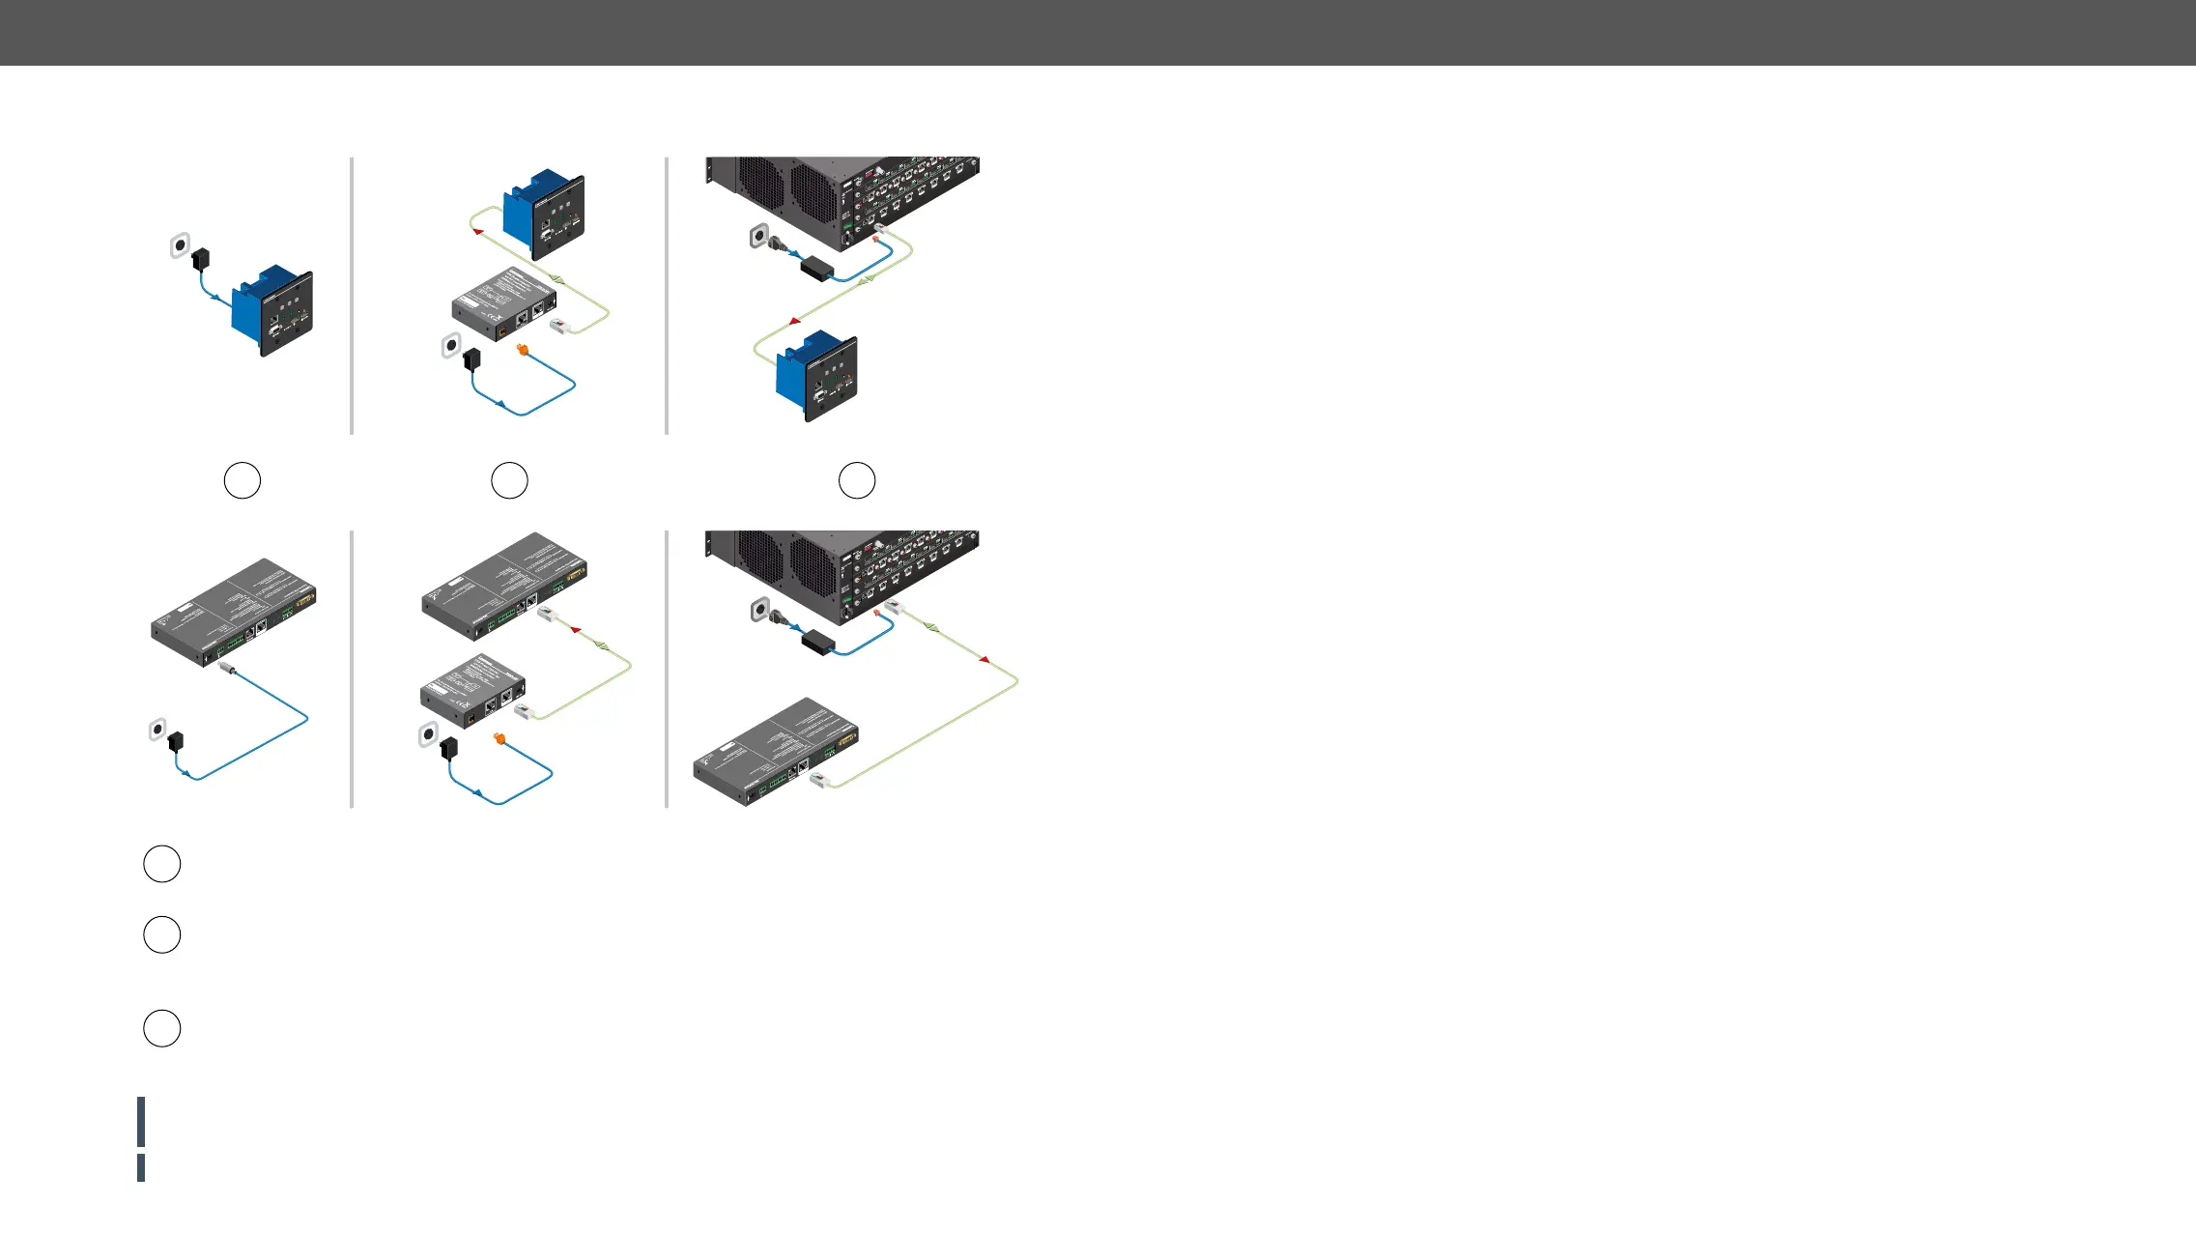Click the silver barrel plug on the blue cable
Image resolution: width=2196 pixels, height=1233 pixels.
(229, 668)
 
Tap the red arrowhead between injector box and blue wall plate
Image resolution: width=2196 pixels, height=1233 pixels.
(477, 232)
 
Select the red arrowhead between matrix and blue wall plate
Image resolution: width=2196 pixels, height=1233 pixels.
(794, 320)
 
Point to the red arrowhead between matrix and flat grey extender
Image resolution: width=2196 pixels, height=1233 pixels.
(984, 659)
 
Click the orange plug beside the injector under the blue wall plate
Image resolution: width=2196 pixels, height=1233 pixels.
(523, 350)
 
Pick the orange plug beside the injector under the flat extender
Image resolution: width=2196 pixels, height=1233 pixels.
(499, 739)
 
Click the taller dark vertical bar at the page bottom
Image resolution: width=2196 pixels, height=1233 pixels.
(141, 1122)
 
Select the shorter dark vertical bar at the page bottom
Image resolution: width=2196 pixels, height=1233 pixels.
(141, 1167)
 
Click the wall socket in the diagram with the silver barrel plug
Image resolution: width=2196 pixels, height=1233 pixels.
(157, 729)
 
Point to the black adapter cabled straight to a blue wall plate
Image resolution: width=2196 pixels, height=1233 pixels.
(201, 259)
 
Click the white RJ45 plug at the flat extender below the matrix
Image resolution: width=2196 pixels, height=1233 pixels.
(821, 780)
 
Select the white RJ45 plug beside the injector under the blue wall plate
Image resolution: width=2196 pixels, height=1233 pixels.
(558, 328)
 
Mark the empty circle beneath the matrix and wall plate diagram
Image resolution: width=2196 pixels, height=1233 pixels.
(856, 480)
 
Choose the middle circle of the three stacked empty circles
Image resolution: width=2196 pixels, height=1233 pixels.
(161, 935)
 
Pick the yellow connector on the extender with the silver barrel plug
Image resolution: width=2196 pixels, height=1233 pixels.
(305, 600)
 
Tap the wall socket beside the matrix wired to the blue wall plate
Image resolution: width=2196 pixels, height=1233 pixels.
(759, 235)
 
